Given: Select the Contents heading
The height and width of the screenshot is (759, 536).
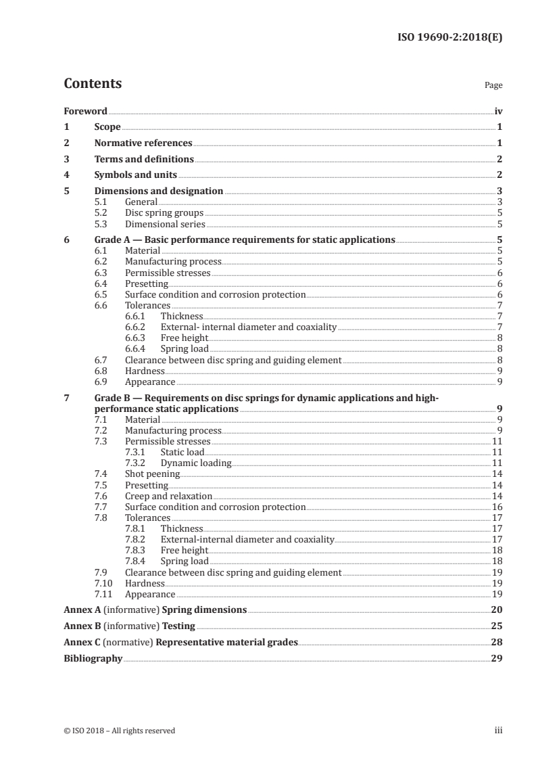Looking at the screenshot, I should click(x=93, y=84).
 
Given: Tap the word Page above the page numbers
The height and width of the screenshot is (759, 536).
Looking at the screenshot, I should click(x=493, y=86).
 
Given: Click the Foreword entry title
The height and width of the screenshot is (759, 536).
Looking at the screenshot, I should click(x=85, y=111).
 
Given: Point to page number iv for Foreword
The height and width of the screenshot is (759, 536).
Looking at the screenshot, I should click(x=498, y=111).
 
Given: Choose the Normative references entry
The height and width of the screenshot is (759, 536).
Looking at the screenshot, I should click(x=143, y=143).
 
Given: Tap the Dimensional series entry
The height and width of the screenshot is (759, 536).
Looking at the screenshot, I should click(x=165, y=223).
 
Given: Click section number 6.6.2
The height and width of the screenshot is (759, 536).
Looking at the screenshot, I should click(x=137, y=327).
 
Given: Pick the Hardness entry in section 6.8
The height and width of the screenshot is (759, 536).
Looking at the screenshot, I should click(x=145, y=371).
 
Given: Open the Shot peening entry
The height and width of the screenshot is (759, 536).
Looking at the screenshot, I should click(x=152, y=474).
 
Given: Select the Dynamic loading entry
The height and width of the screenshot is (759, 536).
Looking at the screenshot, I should click(x=195, y=463).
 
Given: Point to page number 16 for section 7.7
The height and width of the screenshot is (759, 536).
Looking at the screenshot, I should click(x=497, y=507).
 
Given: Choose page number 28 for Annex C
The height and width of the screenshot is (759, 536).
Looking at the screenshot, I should click(x=497, y=642).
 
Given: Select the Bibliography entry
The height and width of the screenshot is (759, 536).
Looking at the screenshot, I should click(x=93, y=658).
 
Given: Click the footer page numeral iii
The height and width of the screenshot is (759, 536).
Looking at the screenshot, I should click(x=498, y=731).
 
